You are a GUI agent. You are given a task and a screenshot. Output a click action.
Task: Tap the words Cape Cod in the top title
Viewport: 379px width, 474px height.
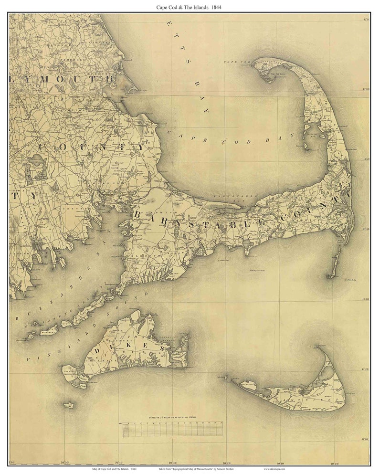click(x=167, y=7)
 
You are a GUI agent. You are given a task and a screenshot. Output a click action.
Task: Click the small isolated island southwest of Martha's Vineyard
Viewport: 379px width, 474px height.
click(x=69, y=405)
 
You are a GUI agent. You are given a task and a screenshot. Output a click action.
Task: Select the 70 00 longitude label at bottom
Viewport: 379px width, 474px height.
click(x=335, y=463)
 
